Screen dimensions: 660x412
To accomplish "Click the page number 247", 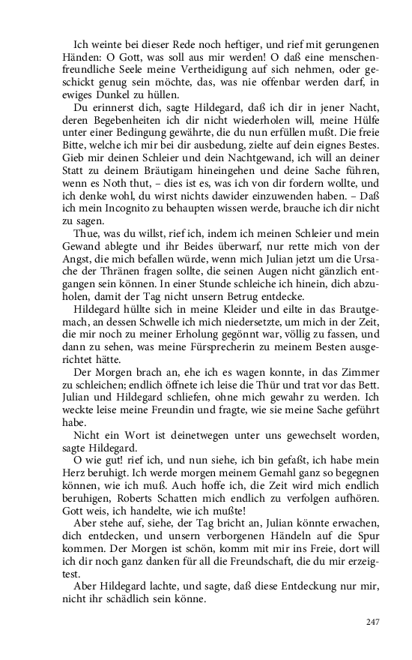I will (x=375, y=622).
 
